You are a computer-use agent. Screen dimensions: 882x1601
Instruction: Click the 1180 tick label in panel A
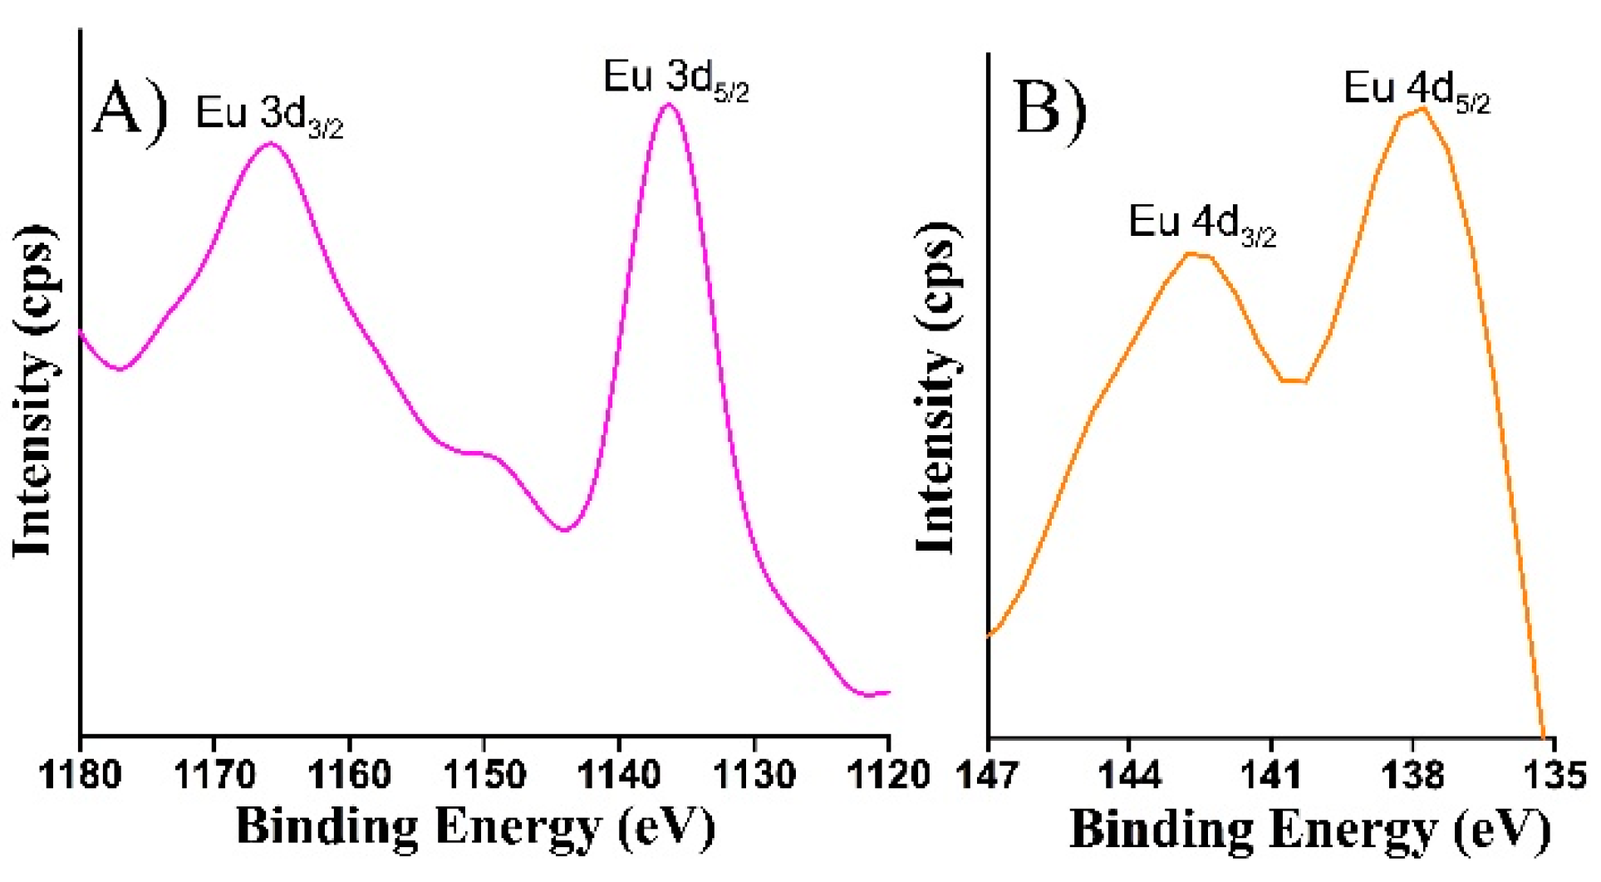point(81,776)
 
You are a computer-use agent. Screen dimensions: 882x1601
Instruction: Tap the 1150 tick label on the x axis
point(484,776)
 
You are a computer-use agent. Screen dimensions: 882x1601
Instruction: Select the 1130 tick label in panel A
point(754,776)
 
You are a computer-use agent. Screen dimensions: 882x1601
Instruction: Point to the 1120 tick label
point(888,776)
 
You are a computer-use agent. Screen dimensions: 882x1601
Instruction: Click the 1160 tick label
point(350,776)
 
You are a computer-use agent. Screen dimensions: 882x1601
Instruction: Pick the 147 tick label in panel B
point(988,776)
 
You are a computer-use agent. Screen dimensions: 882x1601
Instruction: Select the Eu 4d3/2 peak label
point(1201,225)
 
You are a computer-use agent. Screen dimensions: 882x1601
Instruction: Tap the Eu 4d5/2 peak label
point(1417,91)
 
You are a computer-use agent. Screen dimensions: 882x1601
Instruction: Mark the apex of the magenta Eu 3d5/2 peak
point(669,105)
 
